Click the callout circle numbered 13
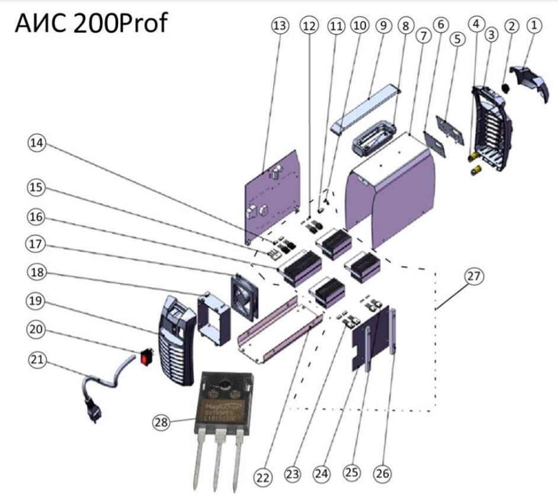(279, 26)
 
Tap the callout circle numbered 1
(535, 25)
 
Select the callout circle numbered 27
(475, 275)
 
